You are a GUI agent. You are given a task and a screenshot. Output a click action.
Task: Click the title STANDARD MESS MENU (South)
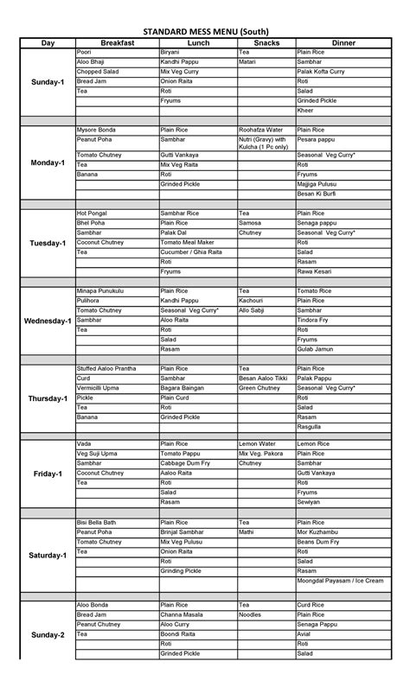(205, 29)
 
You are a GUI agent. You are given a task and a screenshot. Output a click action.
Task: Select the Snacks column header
(266, 42)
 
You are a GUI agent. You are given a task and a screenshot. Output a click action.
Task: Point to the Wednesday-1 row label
(47, 321)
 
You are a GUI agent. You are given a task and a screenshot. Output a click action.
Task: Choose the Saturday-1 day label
(47, 555)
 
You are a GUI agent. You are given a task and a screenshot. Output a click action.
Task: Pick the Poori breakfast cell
(85, 53)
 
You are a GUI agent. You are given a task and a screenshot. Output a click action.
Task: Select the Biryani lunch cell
(170, 53)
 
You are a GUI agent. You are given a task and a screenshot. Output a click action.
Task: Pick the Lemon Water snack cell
(259, 444)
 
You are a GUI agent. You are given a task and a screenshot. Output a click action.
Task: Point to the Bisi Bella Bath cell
(96, 523)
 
